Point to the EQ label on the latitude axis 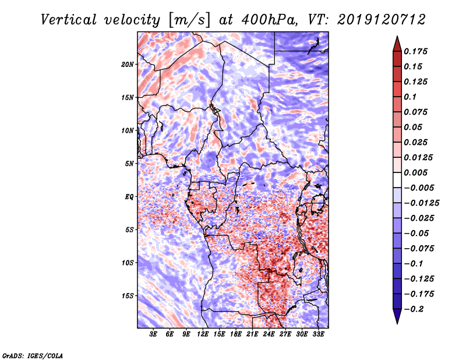(129, 197)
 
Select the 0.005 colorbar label (418, 172)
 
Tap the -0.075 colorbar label (420, 248)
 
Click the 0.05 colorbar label (415, 127)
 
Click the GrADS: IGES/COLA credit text (33, 354)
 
